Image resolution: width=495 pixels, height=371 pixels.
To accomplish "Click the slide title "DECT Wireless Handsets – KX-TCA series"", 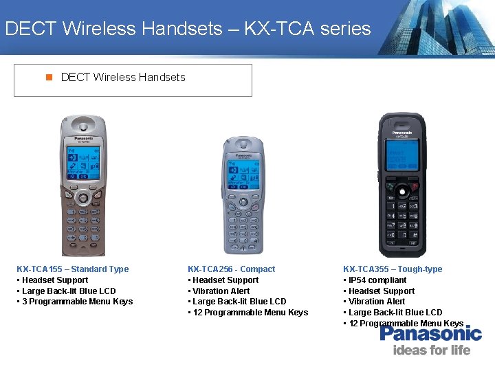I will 187,29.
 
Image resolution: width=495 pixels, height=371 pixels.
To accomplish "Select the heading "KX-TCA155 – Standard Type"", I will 72,269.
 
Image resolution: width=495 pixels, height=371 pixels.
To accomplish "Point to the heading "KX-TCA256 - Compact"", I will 231,269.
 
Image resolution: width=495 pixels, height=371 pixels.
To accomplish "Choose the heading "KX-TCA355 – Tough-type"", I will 393,269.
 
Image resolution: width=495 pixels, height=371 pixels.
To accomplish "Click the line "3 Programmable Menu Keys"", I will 76,302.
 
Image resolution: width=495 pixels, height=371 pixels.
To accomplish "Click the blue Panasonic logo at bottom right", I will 430,334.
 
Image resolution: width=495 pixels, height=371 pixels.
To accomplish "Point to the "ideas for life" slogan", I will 432,350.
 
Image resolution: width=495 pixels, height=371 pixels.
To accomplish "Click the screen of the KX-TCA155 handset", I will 83,162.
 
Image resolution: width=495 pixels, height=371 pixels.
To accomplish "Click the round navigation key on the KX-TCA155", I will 83,199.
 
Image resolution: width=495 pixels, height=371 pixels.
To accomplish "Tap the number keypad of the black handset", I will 401,219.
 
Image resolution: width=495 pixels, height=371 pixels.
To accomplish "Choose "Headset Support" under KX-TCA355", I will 380,291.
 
